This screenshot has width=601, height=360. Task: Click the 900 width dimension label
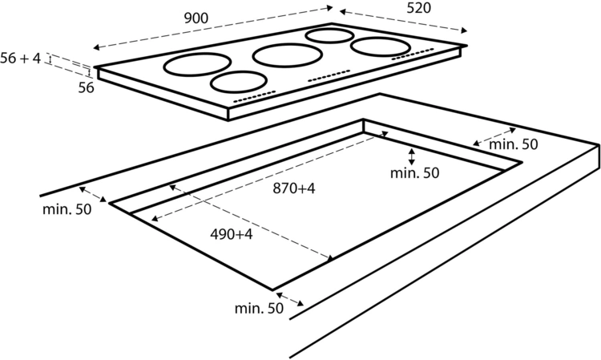point(196,18)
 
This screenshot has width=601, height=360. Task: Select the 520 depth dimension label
point(418,8)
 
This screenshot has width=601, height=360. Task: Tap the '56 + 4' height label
point(20,59)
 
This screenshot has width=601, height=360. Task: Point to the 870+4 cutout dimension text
point(294,188)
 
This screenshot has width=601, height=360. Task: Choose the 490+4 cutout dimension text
point(232,234)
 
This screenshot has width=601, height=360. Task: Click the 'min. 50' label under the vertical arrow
point(415,173)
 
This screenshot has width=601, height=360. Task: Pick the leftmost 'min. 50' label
point(67,209)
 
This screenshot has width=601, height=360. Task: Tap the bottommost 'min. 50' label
point(259,308)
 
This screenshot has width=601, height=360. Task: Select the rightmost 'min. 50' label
point(514,144)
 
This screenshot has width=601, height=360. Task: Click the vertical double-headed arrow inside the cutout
point(412,157)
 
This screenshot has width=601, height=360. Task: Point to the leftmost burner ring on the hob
point(197,64)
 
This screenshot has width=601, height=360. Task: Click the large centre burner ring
point(287,55)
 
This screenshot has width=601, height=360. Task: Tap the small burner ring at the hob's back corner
point(329,35)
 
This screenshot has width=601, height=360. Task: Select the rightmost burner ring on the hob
point(380,47)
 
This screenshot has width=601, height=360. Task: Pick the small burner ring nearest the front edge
point(239,81)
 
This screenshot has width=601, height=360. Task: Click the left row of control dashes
point(255,96)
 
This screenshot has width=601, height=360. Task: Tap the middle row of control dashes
point(329,75)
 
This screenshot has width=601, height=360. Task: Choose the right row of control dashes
point(413,54)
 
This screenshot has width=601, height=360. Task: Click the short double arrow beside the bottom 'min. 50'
point(290,299)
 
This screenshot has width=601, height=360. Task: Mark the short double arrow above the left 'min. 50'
point(93,194)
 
